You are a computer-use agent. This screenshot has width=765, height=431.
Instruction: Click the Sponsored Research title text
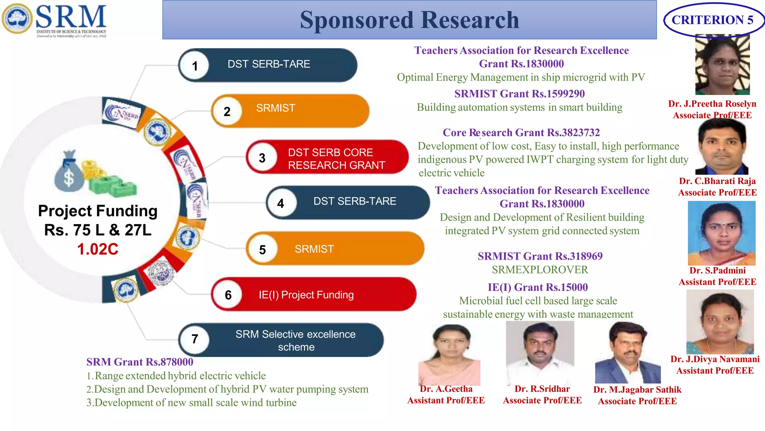[409, 20]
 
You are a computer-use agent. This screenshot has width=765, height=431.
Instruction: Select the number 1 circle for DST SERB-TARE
[195, 66]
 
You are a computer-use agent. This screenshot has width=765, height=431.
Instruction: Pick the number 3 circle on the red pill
[262, 158]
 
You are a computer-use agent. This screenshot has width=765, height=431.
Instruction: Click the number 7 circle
[195, 339]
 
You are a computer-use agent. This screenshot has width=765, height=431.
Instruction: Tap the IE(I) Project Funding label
[306, 295]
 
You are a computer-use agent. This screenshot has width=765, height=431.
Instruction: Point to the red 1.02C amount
[98, 249]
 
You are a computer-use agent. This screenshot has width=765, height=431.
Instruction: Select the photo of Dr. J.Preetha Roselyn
[722, 64]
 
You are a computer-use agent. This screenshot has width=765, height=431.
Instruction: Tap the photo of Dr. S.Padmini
[721, 233]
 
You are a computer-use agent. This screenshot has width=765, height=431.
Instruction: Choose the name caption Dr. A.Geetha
[446, 389]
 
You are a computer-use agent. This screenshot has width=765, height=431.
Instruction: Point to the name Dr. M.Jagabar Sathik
[637, 389]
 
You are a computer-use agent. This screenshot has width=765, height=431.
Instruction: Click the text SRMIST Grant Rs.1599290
[519, 94]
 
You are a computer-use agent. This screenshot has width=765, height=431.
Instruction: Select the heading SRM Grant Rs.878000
[140, 362]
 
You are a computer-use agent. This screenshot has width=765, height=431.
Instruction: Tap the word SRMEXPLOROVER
[540, 269]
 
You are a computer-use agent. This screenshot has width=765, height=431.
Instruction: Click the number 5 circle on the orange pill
[262, 250]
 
